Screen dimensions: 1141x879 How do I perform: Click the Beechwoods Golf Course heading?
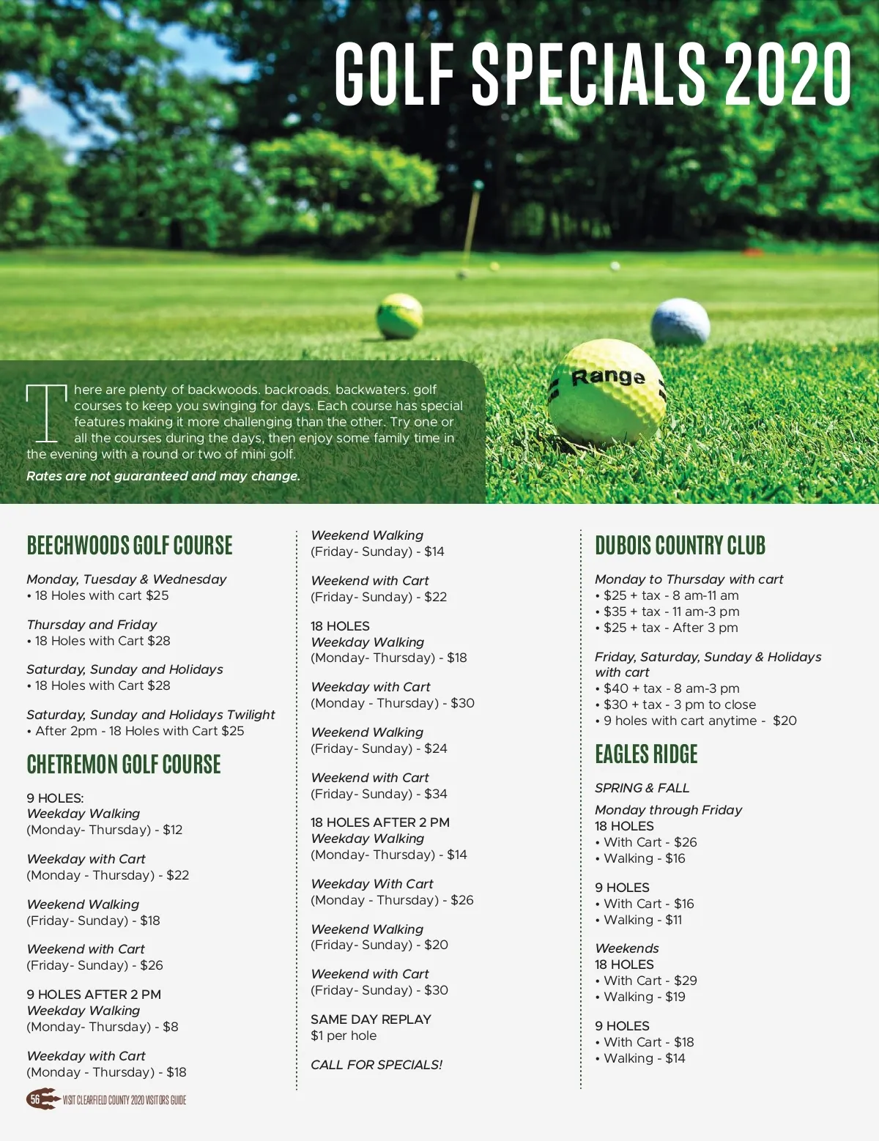click(130, 546)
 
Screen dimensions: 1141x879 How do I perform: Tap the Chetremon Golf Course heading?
click(124, 765)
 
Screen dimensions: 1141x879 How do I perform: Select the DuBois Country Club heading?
click(680, 546)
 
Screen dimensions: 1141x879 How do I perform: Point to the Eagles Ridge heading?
click(646, 754)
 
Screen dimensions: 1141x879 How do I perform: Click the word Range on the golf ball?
click(608, 377)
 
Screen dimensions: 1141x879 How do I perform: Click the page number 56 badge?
click(35, 1099)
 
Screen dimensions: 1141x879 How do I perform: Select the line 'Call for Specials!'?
click(377, 1065)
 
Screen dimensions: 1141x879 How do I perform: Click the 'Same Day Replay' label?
click(371, 1019)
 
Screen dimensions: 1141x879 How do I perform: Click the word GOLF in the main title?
click(394, 73)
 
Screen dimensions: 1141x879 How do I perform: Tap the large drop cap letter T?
click(46, 412)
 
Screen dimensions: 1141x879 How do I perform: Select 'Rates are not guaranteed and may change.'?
click(163, 476)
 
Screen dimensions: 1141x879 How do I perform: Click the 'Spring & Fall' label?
click(642, 788)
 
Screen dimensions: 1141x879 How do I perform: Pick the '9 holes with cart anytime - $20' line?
click(700, 721)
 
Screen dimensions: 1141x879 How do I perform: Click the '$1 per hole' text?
click(344, 1036)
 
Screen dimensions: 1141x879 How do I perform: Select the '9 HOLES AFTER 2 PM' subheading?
click(94, 995)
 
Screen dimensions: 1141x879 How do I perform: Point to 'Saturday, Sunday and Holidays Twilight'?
click(151, 715)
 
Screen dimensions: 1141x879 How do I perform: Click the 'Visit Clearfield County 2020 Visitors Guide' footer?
click(125, 1100)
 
